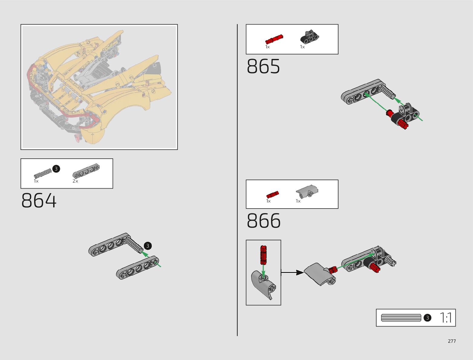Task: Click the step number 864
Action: [x=39, y=201]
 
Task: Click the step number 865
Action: [x=263, y=67]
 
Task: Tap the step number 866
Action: [x=264, y=221]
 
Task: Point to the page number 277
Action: [x=452, y=341]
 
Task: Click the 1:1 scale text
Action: [x=446, y=318]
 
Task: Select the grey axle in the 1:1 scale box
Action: [x=401, y=318]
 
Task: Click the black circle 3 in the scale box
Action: [x=427, y=318]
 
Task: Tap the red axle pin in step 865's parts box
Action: [x=274, y=39]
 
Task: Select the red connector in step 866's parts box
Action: [x=272, y=194]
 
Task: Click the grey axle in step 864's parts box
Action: [x=42, y=173]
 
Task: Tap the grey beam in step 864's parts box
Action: [x=86, y=171]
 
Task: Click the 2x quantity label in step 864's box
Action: [x=75, y=181]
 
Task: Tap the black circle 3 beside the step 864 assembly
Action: [x=147, y=246]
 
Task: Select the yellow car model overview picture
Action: [x=99, y=87]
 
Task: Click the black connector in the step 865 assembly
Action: [x=407, y=114]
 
